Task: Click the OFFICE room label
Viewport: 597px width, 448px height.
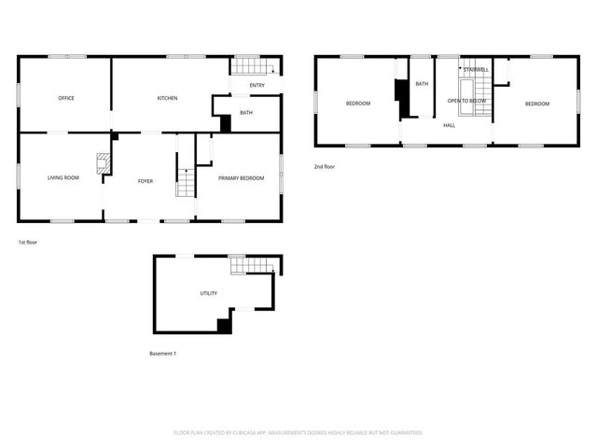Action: pos(66,98)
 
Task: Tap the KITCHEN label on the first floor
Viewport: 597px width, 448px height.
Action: pos(167,98)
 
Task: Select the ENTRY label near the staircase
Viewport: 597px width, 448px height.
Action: pos(257,86)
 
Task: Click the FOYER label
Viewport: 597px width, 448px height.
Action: pos(146,181)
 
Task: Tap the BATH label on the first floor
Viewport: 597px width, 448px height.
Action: pos(246,113)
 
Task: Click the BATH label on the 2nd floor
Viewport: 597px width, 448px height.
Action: pos(422,84)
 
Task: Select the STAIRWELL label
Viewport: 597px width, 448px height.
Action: pos(475,69)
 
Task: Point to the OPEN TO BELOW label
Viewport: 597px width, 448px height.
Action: pos(466,100)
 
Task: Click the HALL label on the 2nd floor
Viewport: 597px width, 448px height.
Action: pos(449,124)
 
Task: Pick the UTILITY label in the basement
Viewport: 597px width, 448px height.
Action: pos(209,293)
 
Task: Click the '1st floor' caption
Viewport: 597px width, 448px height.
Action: pos(27,242)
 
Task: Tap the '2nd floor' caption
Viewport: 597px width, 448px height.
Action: pos(325,166)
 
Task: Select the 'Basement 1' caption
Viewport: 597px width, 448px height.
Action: pos(163,353)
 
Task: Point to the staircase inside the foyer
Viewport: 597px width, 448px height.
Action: pos(186,182)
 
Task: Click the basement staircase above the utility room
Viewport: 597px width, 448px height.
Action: pos(251,267)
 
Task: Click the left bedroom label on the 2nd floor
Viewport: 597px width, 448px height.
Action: pos(358,104)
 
